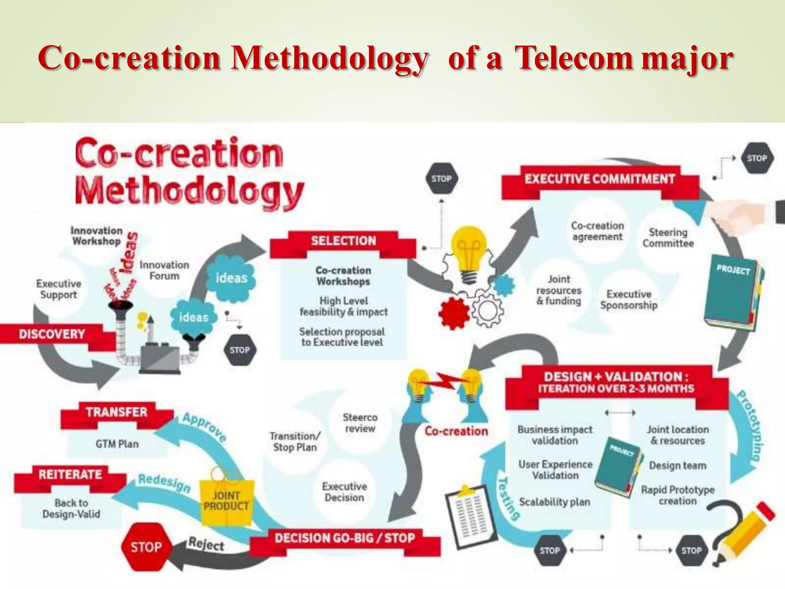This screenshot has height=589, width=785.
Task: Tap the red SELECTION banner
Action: click(x=343, y=241)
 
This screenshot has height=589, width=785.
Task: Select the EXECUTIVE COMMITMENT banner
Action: click(x=600, y=179)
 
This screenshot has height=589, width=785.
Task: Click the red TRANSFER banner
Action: click(x=117, y=412)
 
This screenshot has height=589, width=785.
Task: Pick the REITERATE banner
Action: click(x=70, y=475)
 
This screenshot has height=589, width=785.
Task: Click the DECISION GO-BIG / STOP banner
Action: click(x=345, y=538)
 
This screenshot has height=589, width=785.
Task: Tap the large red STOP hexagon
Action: click(x=146, y=547)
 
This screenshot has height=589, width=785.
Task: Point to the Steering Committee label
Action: click(x=668, y=238)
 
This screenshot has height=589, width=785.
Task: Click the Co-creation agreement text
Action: click(x=597, y=231)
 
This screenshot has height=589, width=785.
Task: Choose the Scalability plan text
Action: click(x=554, y=502)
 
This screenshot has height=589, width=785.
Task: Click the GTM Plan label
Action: click(x=117, y=444)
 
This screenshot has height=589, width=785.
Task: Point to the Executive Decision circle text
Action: click(x=344, y=492)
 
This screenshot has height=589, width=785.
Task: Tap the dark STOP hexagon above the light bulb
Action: click(x=442, y=179)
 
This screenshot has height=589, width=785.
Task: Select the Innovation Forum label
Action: click(x=164, y=270)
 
